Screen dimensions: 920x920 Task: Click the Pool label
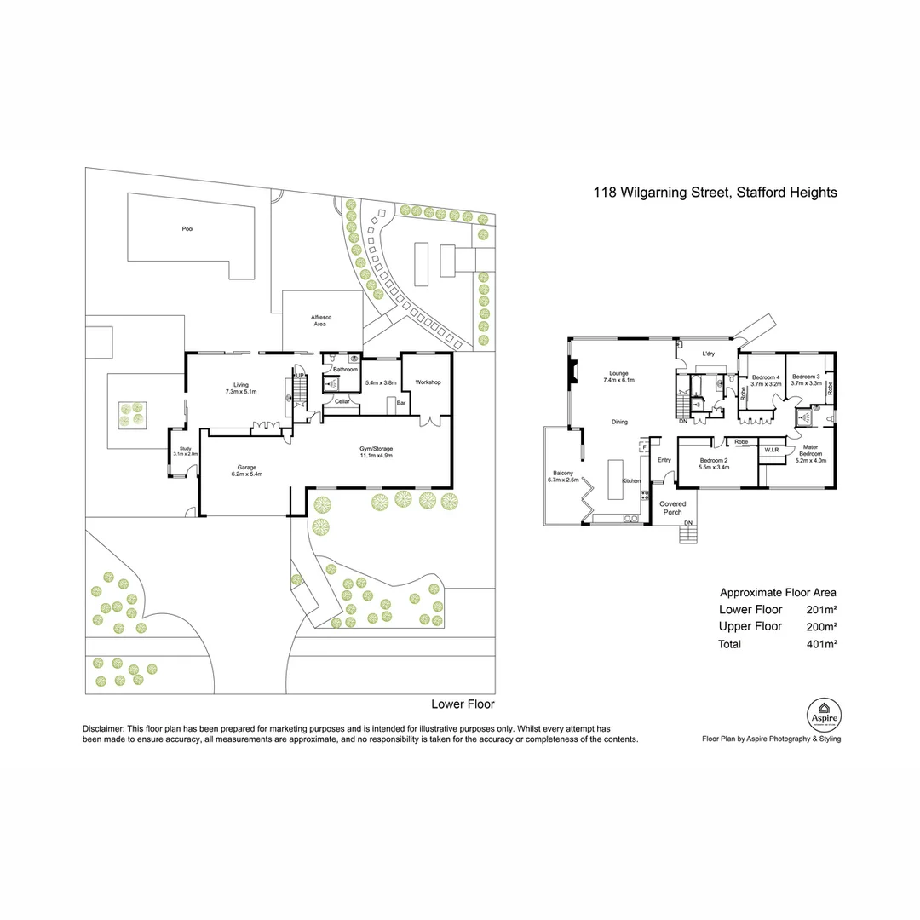tap(187, 228)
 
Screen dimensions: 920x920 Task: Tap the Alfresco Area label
tap(320, 320)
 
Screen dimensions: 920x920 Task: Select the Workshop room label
tap(427, 382)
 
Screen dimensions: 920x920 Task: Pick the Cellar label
tap(342, 400)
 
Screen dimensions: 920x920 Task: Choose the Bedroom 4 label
tap(766, 377)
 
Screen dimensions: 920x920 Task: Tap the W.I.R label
tap(773, 449)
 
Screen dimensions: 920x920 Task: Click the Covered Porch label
tap(673, 509)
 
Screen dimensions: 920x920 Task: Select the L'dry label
tap(707, 354)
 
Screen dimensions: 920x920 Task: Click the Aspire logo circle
tap(824, 712)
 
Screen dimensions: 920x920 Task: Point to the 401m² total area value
tap(821, 644)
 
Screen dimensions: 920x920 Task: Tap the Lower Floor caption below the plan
tap(463, 704)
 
